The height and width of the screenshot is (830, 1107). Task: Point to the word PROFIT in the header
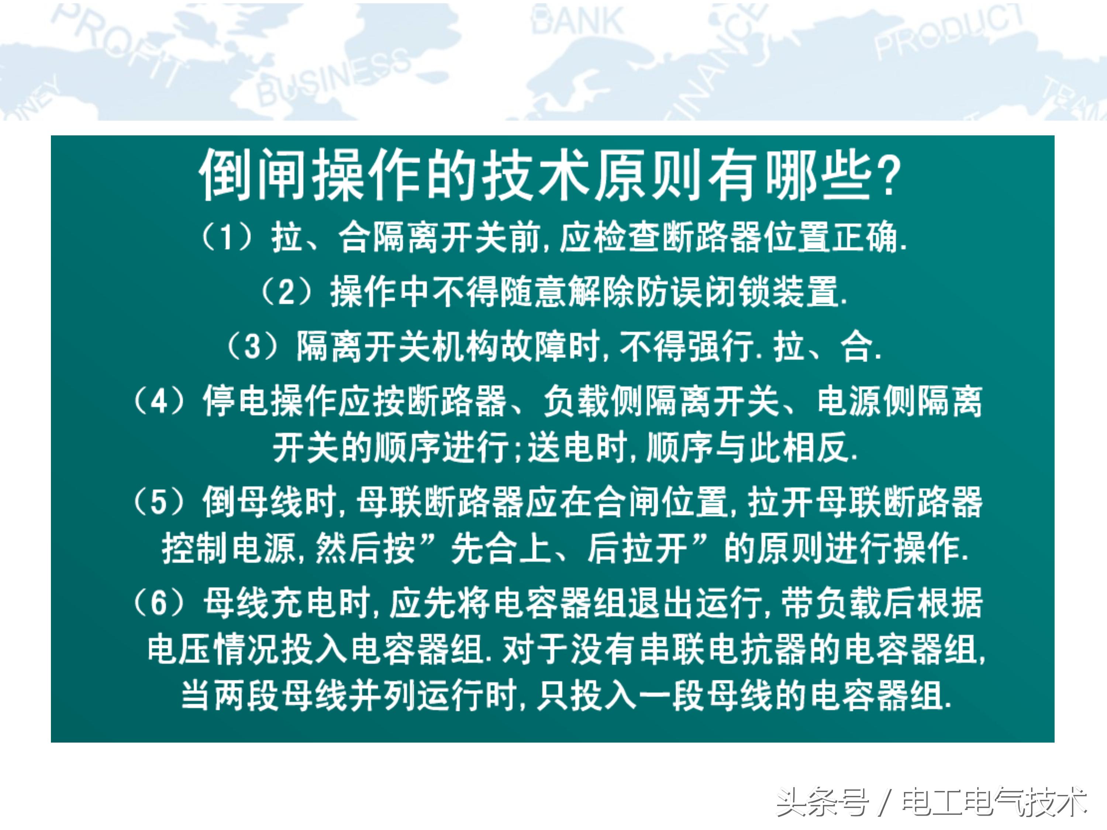pos(118,42)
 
